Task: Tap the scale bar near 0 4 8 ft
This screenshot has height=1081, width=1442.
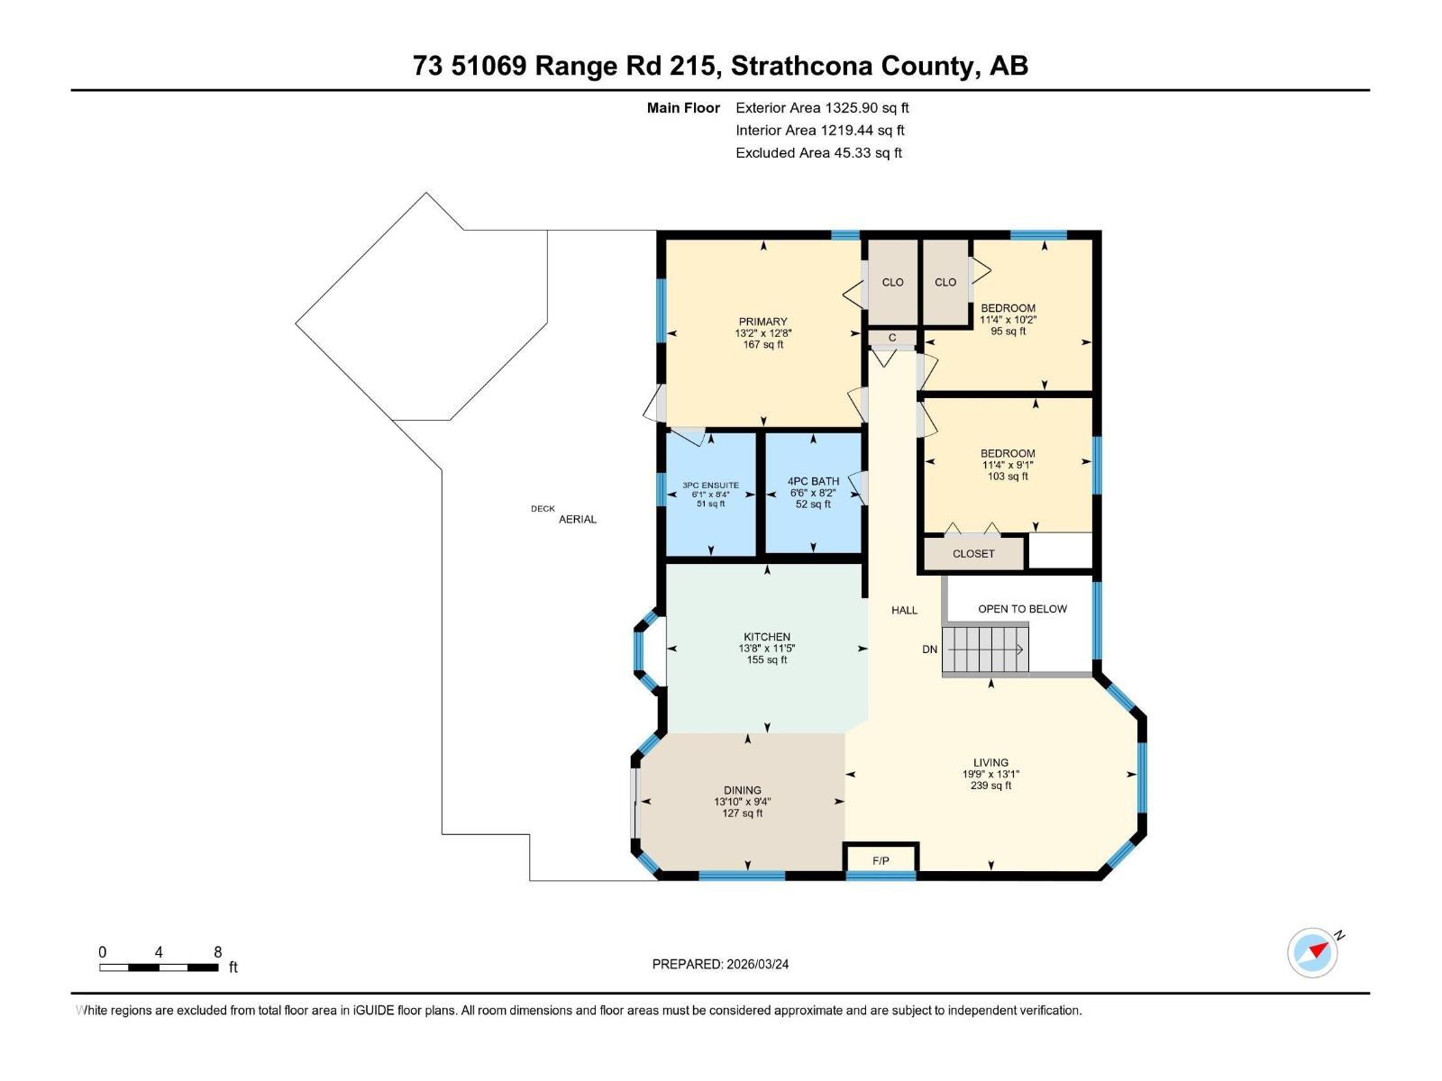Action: (x=159, y=967)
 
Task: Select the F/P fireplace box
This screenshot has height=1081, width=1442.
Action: (x=881, y=860)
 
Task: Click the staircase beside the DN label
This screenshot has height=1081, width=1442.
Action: (x=985, y=650)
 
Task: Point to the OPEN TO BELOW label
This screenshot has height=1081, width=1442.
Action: (x=1022, y=609)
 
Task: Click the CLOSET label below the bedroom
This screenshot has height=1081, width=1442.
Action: (x=973, y=554)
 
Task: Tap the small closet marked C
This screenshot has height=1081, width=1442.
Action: (x=892, y=338)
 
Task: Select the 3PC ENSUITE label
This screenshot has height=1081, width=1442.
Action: (x=710, y=486)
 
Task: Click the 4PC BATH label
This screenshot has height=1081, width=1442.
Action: (x=813, y=481)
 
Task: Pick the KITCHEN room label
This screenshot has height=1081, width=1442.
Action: (x=767, y=637)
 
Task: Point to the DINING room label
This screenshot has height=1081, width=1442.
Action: (x=743, y=790)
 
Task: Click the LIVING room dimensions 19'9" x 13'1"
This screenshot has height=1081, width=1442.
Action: (x=990, y=774)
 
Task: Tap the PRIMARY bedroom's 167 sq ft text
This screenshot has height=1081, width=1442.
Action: (x=763, y=344)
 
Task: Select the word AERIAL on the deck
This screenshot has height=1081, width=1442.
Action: (x=578, y=520)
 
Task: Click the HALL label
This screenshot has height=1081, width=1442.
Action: (x=904, y=610)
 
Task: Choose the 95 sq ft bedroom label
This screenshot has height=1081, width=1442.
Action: (x=1008, y=331)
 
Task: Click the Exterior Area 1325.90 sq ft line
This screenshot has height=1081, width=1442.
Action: (x=822, y=108)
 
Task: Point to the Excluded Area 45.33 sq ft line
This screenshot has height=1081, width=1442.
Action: (x=818, y=153)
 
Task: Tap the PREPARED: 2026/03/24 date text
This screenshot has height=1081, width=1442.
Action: (x=720, y=964)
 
